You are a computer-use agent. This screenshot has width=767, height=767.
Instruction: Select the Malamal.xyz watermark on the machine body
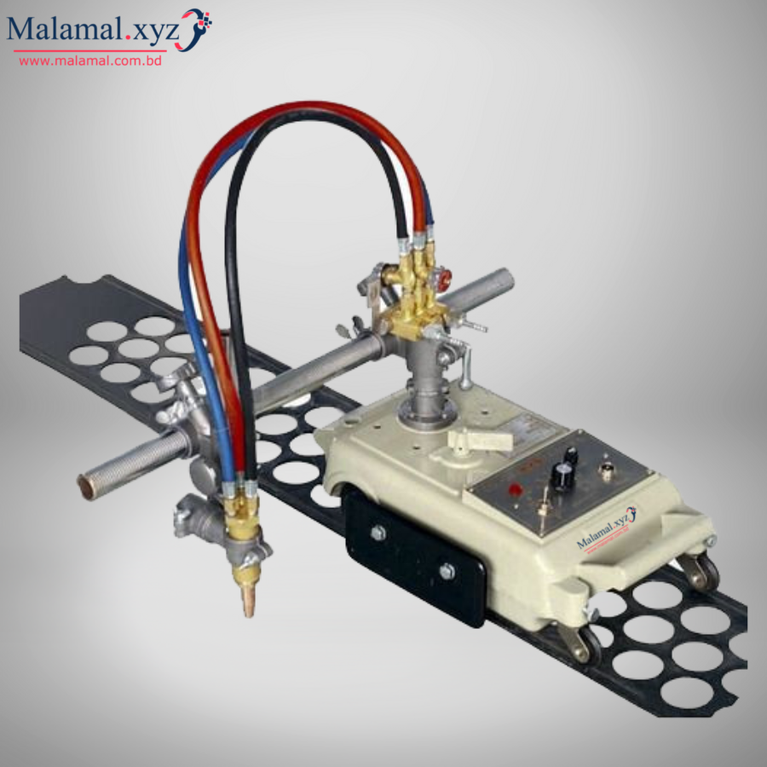(x=606, y=530)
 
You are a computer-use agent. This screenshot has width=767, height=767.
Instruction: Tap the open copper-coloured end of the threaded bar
(x=86, y=487)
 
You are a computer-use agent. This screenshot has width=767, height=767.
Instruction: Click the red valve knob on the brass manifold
(x=441, y=277)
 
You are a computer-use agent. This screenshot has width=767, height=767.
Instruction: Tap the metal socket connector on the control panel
(x=608, y=468)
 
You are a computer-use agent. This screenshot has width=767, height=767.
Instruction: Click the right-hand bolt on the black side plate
(x=447, y=572)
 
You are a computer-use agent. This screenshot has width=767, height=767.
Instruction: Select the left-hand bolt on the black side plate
(x=378, y=533)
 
